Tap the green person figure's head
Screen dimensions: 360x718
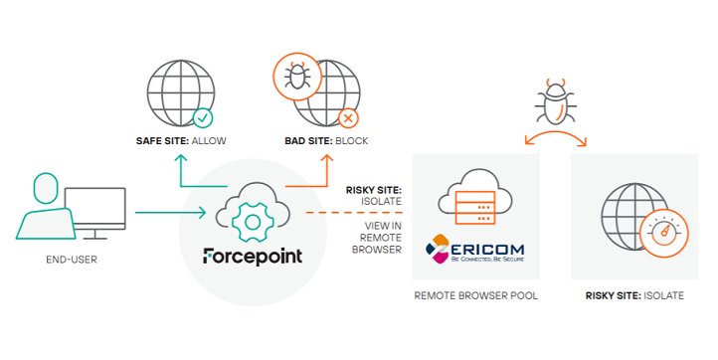(x=47, y=187)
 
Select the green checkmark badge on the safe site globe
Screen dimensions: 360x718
(x=203, y=118)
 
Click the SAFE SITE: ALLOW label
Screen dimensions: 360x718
(x=180, y=141)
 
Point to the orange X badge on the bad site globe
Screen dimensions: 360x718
(x=348, y=118)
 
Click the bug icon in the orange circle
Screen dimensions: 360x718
(x=295, y=78)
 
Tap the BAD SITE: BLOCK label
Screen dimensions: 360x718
(x=326, y=141)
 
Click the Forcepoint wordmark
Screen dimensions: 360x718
(x=253, y=256)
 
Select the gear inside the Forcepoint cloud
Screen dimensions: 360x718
(x=253, y=213)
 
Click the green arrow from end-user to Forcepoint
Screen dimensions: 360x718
(x=169, y=211)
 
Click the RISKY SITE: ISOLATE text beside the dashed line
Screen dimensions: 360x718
(x=374, y=194)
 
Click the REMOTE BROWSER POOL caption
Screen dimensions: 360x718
(x=475, y=296)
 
